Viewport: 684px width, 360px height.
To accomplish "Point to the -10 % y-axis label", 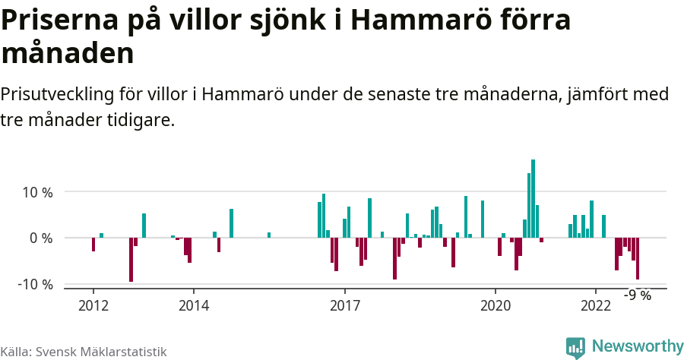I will [35, 284].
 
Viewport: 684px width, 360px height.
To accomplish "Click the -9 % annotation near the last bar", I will [638, 295].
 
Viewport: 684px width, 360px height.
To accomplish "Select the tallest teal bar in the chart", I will [534, 199].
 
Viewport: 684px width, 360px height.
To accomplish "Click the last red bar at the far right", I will [638, 258].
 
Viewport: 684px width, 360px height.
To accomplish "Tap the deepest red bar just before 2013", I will [131, 260].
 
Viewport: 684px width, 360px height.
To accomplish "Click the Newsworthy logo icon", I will [575, 347].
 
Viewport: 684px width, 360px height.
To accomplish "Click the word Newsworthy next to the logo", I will [638, 346].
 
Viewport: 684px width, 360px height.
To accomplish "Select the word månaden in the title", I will [68, 53].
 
